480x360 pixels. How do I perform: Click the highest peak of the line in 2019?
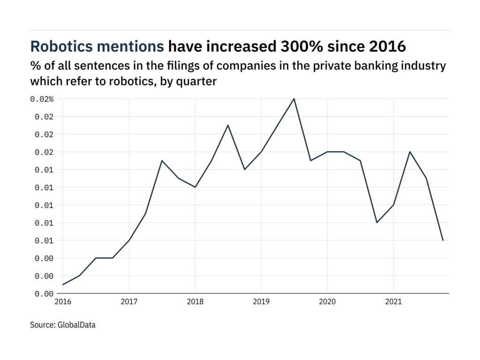click(294, 99)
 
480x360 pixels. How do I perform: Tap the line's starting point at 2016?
click(63, 285)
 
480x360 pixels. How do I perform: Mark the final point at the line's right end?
click(442, 240)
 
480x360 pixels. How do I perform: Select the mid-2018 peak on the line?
click(228, 125)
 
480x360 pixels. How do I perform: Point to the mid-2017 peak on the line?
click(162, 161)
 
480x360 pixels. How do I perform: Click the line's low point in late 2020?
click(376, 223)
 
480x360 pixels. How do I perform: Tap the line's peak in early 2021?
click(410, 152)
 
